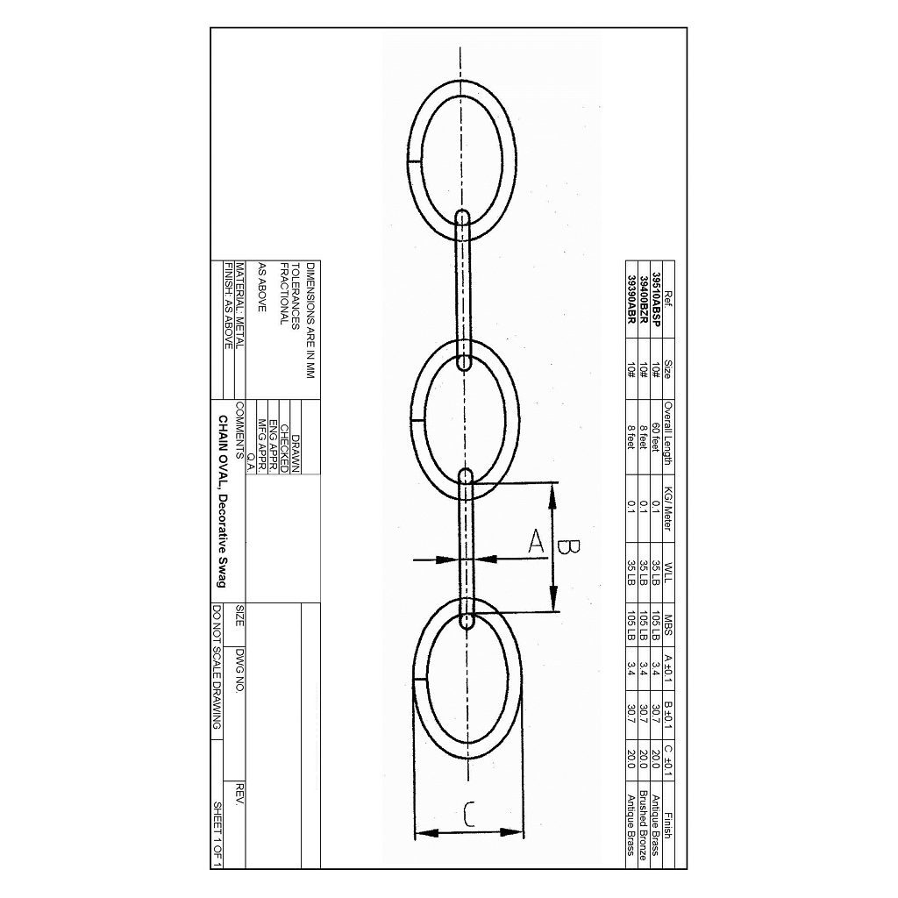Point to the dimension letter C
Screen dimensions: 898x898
click(468, 816)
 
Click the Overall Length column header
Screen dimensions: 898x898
click(668, 433)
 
